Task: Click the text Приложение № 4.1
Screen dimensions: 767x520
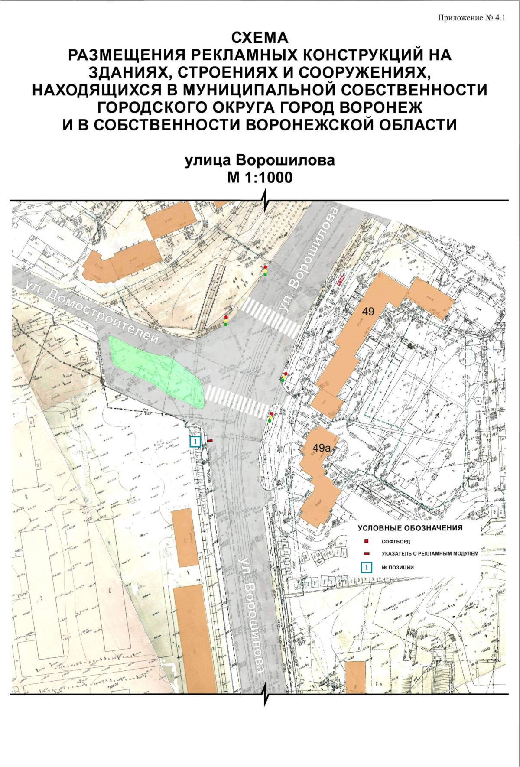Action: (471, 18)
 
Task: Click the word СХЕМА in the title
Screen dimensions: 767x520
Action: (260, 38)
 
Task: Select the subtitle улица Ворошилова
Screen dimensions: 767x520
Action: (260, 160)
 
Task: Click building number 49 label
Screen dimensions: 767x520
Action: (368, 311)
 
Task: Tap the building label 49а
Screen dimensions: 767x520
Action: (322, 448)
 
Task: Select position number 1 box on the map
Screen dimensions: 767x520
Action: (195, 442)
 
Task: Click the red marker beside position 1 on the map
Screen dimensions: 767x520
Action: (210, 440)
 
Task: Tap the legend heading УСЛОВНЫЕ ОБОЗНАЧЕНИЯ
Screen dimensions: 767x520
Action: (410, 528)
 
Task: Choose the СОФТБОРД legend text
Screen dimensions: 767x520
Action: (396, 542)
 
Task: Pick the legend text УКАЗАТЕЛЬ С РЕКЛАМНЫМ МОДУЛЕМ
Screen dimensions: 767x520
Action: (430, 554)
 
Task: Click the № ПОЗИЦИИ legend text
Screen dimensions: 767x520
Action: (397, 567)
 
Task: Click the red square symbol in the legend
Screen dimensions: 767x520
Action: (367, 542)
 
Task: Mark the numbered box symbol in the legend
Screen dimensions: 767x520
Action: (367, 567)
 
